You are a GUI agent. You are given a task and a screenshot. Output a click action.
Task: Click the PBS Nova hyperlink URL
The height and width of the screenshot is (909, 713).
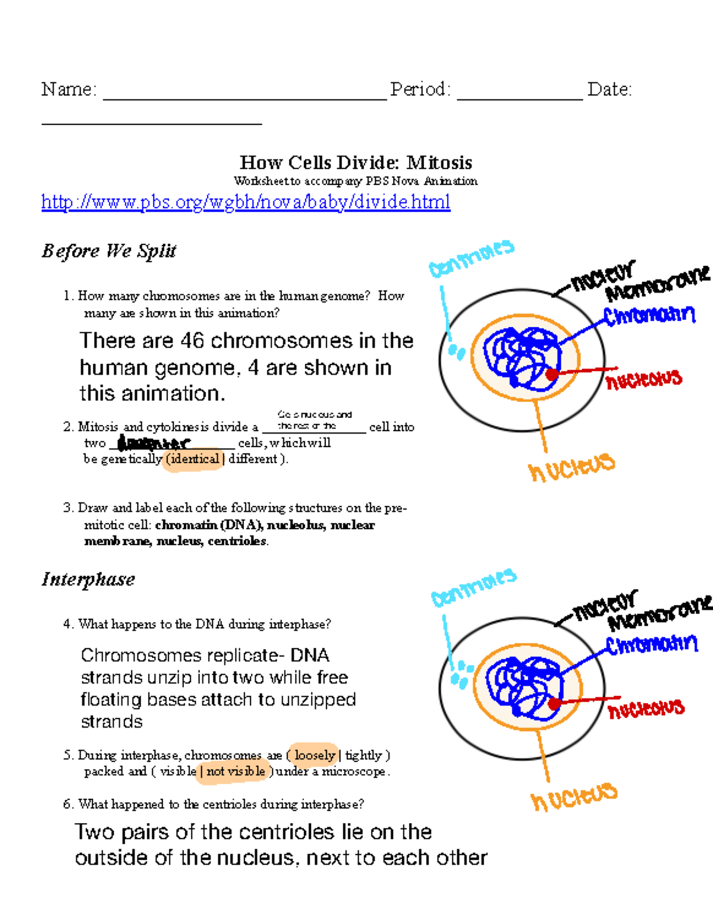point(245,202)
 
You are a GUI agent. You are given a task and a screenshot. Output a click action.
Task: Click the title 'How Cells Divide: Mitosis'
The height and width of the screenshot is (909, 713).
point(356,162)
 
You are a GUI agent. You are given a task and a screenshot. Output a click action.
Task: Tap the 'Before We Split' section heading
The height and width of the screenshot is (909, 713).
point(109,251)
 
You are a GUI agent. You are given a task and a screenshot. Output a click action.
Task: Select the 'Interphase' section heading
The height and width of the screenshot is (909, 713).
point(89,579)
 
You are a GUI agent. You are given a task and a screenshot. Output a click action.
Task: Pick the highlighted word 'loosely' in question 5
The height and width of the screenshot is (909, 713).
point(314,755)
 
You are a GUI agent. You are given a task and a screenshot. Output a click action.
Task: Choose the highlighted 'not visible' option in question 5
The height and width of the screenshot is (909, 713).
point(235,771)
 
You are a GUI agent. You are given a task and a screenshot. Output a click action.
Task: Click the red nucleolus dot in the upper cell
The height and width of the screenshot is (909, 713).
point(553,374)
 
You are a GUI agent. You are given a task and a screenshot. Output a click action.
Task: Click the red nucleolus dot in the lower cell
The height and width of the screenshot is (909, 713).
point(554,704)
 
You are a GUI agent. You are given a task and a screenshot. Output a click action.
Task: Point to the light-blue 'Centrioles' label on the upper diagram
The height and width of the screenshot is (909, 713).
point(471,258)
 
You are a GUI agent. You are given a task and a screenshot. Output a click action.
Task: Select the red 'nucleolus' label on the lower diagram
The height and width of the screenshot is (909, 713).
point(646,708)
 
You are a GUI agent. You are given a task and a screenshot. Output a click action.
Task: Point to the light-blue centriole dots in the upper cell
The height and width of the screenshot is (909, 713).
point(456,352)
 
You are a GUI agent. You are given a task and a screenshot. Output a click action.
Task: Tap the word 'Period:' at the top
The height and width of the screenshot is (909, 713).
point(421,89)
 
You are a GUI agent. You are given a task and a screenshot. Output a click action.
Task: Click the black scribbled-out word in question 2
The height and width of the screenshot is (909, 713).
point(153,443)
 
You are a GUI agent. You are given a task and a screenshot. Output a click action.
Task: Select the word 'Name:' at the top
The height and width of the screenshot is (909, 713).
point(69,89)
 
